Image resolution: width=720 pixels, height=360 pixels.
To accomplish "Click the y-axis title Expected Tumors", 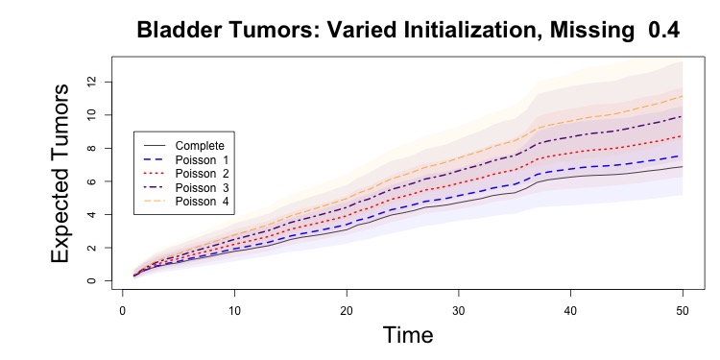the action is point(60,173).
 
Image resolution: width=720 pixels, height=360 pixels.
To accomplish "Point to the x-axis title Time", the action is point(408,334).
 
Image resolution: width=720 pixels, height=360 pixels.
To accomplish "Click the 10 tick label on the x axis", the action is point(234,311).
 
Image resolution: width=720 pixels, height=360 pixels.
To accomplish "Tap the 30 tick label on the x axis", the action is point(459,311).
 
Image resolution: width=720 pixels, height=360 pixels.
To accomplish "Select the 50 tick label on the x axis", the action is point(683,311).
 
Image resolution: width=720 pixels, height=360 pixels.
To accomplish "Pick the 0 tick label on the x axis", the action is point(123,311).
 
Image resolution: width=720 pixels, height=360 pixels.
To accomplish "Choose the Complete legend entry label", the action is point(200,146).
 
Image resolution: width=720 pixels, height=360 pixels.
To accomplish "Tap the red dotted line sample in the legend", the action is point(155,174).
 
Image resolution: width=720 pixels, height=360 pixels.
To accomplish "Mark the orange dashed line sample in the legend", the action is point(155,202).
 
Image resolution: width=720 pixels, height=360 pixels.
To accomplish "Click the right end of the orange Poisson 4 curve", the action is point(683,96).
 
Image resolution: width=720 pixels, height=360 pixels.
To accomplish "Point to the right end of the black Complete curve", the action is point(683,167).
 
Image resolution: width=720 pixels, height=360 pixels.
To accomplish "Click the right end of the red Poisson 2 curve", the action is point(683,136).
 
